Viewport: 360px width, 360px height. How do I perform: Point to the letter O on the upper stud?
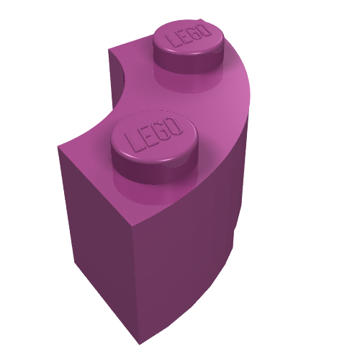(204, 30)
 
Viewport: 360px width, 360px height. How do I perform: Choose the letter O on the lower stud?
(174, 126)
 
